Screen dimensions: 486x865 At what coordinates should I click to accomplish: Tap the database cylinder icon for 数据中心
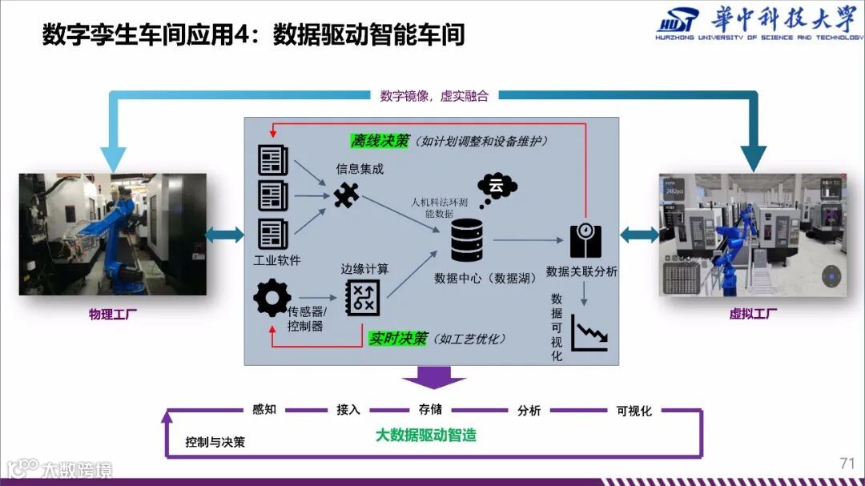[466, 240]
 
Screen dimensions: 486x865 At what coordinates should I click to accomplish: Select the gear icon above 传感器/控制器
[272, 298]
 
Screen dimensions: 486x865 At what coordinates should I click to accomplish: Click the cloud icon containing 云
[497, 189]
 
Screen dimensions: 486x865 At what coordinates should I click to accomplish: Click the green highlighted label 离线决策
[380, 141]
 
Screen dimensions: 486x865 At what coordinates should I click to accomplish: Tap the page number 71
[847, 463]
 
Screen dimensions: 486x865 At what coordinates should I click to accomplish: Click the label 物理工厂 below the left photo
[112, 315]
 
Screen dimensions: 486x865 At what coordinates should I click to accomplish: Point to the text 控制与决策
[215, 442]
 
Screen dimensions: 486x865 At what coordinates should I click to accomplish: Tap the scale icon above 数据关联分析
[585, 239]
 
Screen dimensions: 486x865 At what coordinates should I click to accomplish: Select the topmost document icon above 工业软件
[272, 159]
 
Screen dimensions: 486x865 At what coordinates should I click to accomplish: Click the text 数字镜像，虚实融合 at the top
[433, 96]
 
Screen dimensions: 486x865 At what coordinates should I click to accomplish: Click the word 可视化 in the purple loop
[634, 411]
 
